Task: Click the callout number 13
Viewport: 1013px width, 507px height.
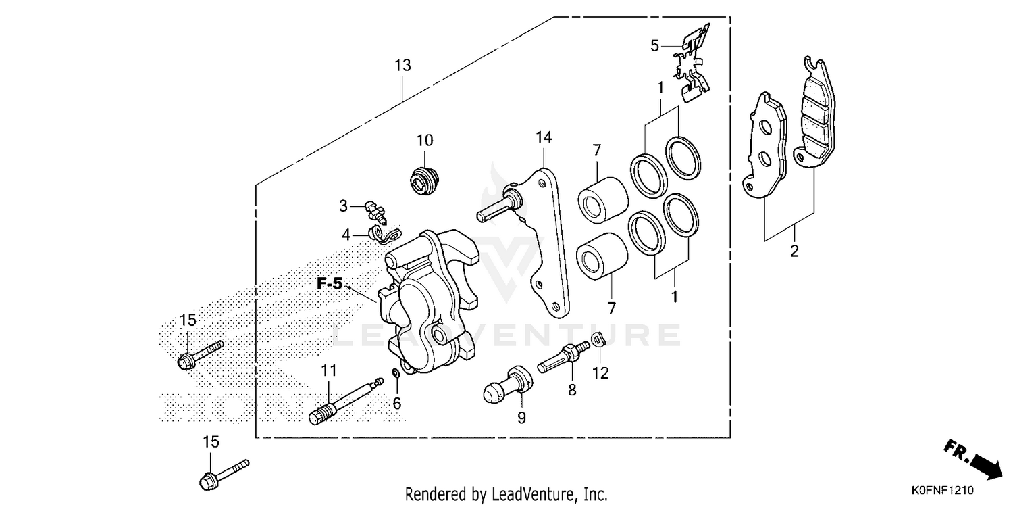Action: [x=402, y=66]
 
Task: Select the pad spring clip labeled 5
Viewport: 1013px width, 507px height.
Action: [x=692, y=65]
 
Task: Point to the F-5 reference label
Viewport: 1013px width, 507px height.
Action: [x=330, y=285]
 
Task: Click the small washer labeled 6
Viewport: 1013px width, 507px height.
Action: [x=396, y=374]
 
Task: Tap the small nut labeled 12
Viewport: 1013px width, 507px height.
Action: [x=597, y=339]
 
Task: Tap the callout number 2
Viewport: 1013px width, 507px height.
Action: [x=794, y=252]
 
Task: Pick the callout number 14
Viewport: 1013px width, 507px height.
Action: [x=544, y=138]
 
